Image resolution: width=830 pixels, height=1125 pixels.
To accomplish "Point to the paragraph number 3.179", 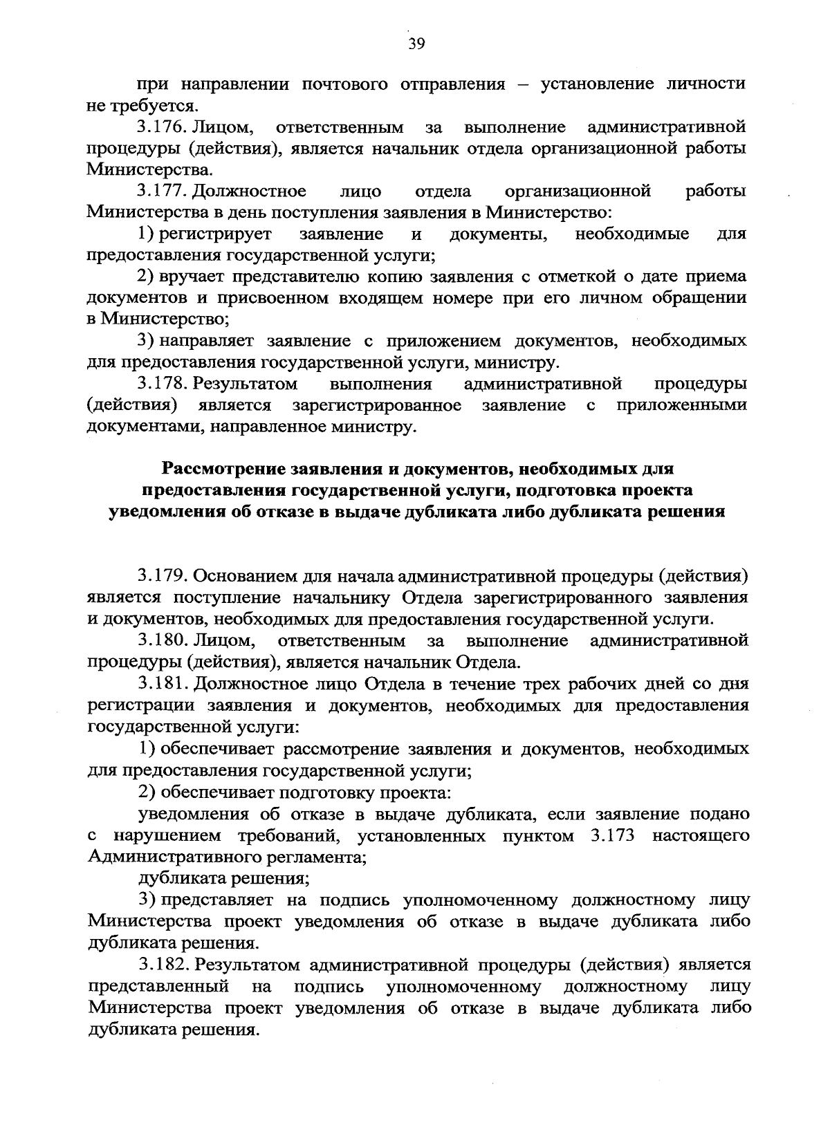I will [x=162, y=575].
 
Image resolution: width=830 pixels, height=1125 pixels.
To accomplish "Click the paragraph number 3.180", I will [x=162, y=640].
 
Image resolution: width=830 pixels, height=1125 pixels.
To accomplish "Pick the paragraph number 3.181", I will [x=162, y=684].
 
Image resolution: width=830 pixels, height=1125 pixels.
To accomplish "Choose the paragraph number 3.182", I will [x=162, y=964].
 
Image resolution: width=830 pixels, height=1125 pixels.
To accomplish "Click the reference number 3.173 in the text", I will [x=614, y=835].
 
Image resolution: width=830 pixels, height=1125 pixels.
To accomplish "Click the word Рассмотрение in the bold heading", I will [x=225, y=469].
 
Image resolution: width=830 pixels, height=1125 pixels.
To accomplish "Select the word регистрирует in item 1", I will [x=215, y=234].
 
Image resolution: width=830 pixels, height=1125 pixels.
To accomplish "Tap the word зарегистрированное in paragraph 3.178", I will [x=376, y=405].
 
